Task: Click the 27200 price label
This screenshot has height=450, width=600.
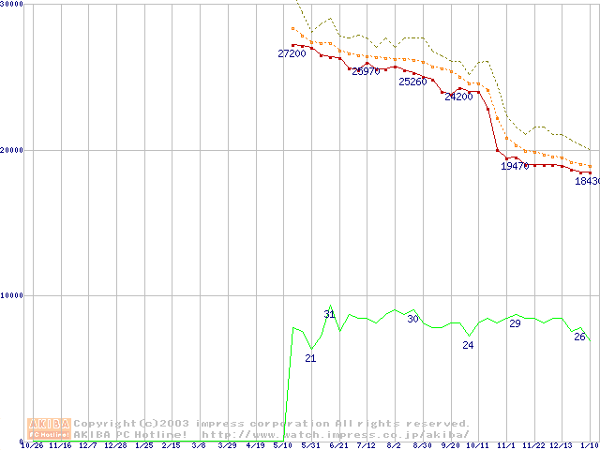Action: click(292, 54)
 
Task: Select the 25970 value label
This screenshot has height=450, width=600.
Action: click(366, 71)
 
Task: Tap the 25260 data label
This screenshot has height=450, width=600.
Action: click(412, 82)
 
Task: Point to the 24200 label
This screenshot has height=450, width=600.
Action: click(458, 97)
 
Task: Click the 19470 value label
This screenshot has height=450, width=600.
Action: click(515, 166)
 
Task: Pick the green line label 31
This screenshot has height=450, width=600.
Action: click(329, 314)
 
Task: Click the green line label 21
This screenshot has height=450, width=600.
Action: click(310, 358)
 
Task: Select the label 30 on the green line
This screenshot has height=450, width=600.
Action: click(412, 319)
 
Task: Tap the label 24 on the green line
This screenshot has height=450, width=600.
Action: click(468, 345)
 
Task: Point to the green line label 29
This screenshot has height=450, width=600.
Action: click(515, 323)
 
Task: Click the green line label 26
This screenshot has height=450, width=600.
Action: click(579, 337)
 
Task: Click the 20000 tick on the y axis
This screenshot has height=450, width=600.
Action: click(12, 150)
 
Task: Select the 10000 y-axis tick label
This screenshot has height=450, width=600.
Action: click(12, 295)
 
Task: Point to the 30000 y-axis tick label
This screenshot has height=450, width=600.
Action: click(12, 5)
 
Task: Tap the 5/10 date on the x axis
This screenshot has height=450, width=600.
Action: click(281, 445)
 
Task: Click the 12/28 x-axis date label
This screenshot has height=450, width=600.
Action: click(115, 445)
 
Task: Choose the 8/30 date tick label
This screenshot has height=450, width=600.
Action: click(422, 445)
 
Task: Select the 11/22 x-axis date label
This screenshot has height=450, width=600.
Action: click(533, 445)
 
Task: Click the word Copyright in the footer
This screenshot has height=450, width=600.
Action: click(105, 424)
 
